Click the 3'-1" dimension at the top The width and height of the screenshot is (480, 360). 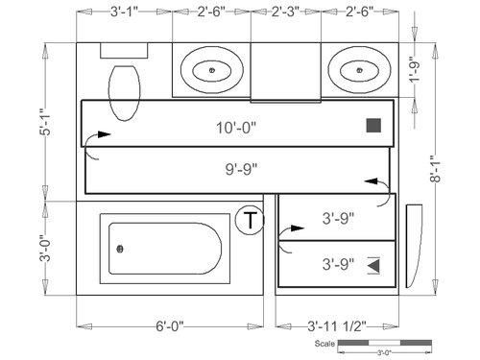124,12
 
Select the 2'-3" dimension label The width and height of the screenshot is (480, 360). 286,12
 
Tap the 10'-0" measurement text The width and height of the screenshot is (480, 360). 236,128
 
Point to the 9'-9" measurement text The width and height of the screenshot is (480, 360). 241,169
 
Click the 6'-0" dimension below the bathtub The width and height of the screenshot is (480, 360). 170,326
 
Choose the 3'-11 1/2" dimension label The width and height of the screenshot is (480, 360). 337,326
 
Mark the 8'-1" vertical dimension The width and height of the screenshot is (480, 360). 435,169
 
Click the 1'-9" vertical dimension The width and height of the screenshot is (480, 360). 415,72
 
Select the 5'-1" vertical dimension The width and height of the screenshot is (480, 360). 45,122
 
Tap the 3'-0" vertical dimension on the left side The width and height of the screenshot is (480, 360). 45,249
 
